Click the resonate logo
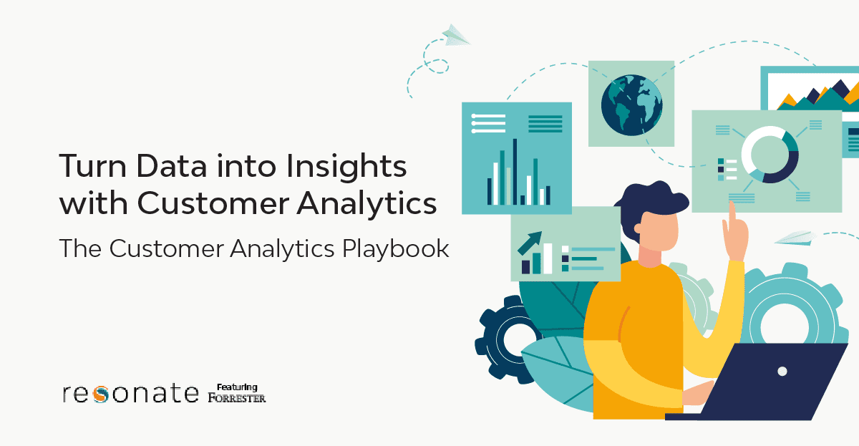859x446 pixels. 131,393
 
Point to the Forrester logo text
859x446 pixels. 237,397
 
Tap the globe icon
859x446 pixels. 631,105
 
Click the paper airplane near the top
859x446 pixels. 455,34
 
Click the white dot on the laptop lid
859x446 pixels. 782,372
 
